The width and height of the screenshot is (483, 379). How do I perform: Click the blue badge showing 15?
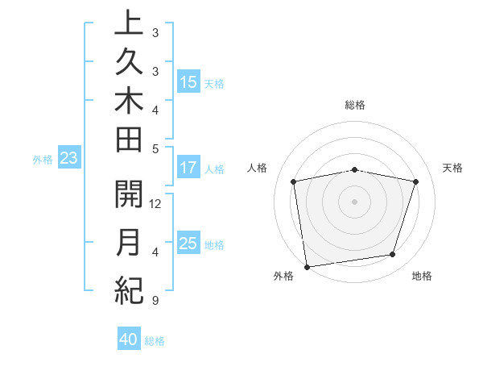[x=188, y=82]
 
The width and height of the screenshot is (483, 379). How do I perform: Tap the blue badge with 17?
[x=188, y=168]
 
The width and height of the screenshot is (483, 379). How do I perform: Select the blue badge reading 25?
[x=188, y=244]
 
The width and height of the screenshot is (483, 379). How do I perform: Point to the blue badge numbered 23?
[x=68, y=159]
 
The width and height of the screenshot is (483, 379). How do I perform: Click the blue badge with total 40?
[x=129, y=339]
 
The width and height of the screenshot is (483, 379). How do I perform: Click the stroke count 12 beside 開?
[x=156, y=204]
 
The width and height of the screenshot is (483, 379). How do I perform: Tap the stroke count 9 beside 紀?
[x=155, y=302]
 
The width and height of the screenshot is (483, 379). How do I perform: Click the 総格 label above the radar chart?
[x=355, y=105]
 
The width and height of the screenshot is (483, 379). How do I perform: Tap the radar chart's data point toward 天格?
[x=415, y=181]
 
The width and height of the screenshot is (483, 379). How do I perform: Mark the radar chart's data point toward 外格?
[x=307, y=265]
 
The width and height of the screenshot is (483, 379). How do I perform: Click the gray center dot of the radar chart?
[x=355, y=201]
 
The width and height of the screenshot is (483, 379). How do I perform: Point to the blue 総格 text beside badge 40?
[x=155, y=341]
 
